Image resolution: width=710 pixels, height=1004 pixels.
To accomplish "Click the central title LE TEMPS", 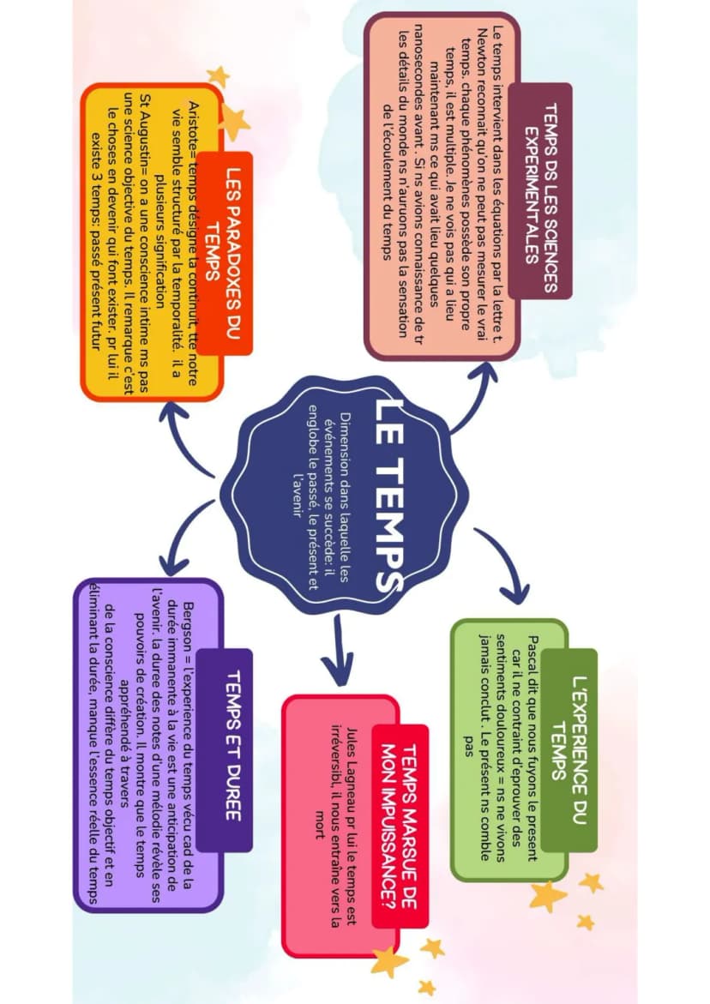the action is tap(388, 495).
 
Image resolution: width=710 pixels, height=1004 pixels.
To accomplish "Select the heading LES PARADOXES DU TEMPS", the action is tap(224, 252).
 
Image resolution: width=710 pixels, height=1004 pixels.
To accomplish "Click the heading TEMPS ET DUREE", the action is tap(234, 745).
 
